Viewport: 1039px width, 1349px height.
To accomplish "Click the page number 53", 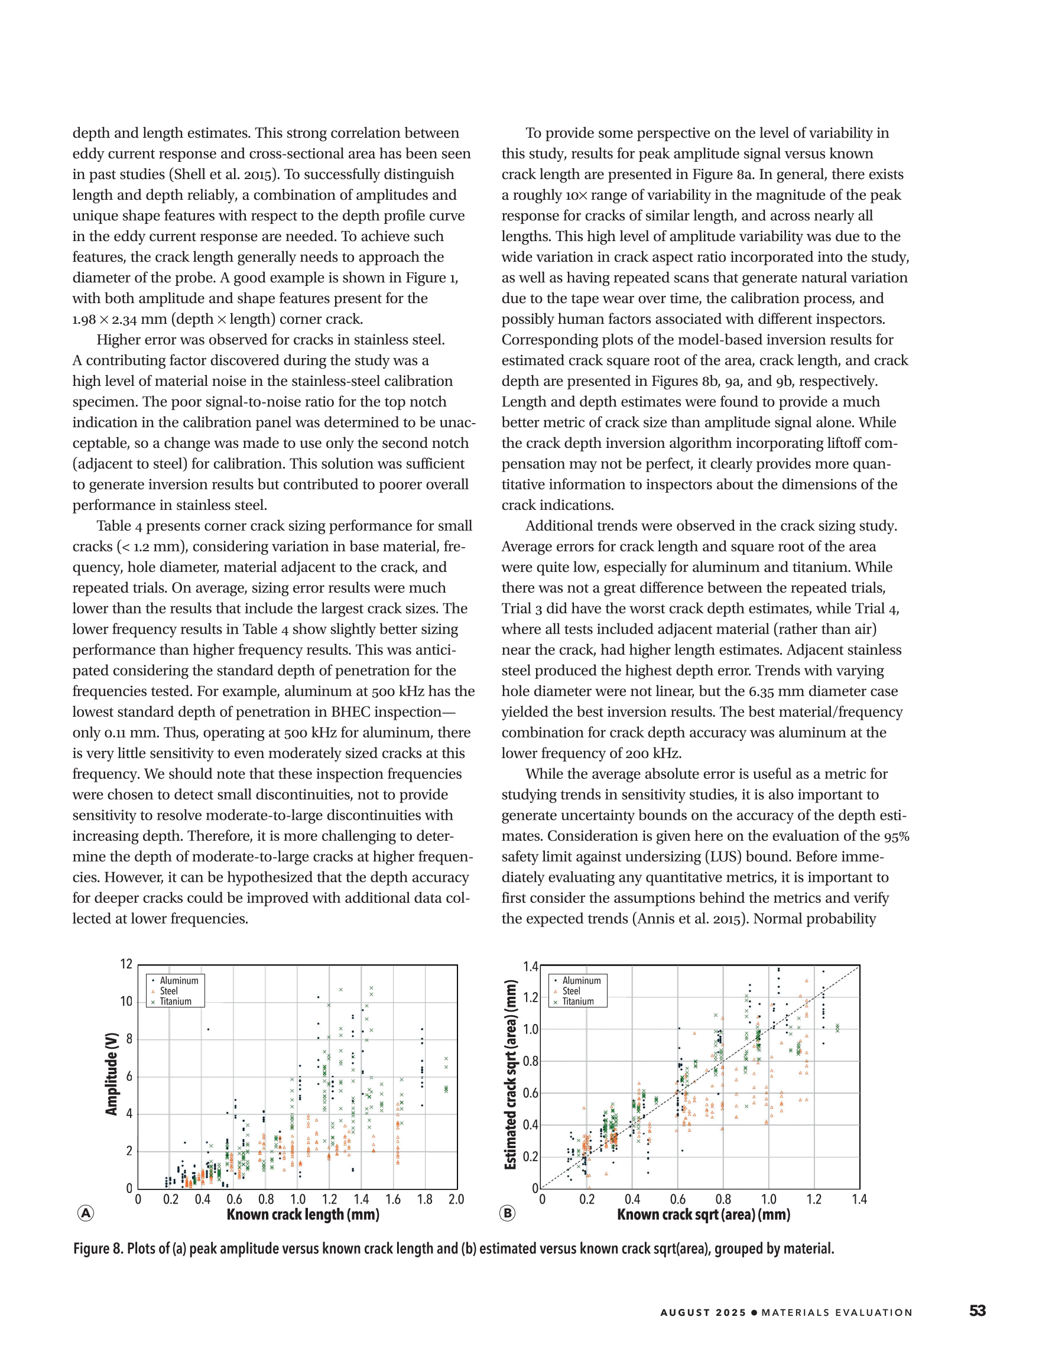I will coord(977,1311).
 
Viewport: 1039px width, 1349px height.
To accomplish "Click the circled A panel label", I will coord(85,1213).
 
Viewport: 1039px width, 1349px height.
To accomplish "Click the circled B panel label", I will coord(507,1213).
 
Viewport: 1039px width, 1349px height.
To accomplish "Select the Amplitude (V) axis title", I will coord(111,1074).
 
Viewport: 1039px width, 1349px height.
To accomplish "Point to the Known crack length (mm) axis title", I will coord(303,1214).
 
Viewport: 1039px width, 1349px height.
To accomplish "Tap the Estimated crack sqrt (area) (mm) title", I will coord(510,1074).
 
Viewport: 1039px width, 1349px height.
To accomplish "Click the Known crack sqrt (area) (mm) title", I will coord(703,1214).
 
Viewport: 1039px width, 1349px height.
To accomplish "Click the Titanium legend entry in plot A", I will coord(176,1001).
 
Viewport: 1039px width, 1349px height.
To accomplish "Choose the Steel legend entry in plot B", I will coord(571,991).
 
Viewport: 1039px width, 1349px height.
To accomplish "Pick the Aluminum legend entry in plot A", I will coord(178,980).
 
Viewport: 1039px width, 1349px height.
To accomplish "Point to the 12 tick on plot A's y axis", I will coord(126,964).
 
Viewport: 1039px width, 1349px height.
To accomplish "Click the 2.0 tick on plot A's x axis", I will coord(456,1199).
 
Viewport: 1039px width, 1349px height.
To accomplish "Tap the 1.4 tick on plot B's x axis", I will coord(859,1199).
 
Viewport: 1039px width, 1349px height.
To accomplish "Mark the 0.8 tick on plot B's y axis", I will coord(531,1061).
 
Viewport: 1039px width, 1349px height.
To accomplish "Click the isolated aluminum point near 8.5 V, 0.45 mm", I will coord(208,1029).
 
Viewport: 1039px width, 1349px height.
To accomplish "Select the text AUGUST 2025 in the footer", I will coord(703,1312).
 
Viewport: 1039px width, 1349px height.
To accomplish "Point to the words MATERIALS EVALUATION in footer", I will coord(836,1312).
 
